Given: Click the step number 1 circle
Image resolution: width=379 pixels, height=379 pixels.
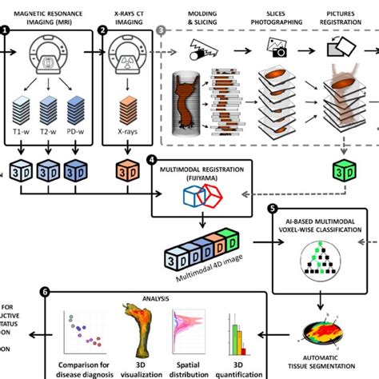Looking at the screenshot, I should [x=5, y=30].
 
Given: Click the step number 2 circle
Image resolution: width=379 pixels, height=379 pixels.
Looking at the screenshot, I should [x=102, y=30].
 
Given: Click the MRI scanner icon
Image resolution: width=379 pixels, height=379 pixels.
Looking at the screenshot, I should [x=50, y=57].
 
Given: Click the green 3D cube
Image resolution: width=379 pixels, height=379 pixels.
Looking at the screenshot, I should [x=341, y=170].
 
